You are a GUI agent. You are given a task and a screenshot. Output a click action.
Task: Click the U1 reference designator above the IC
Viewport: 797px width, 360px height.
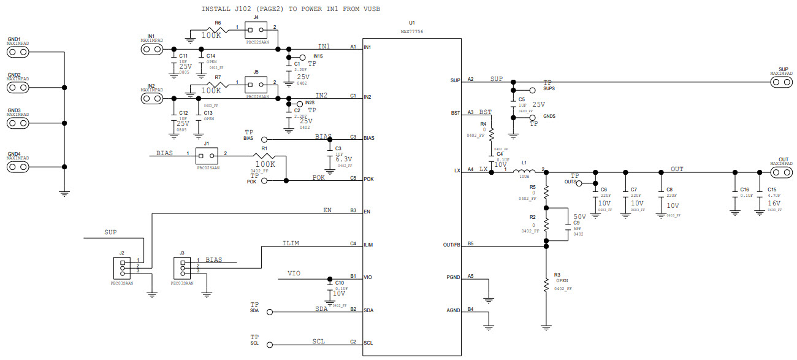(x=411, y=22)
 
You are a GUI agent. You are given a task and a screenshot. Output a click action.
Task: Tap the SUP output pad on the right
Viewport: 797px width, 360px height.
(x=783, y=82)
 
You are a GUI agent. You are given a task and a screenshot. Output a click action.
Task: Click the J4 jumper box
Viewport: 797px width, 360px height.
(x=256, y=29)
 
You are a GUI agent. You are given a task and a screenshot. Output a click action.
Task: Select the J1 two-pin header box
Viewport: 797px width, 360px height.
(x=208, y=155)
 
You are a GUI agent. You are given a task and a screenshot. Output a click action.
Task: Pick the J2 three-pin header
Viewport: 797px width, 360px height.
(x=122, y=266)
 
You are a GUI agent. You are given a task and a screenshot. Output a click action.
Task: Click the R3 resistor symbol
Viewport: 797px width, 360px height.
(x=546, y=284)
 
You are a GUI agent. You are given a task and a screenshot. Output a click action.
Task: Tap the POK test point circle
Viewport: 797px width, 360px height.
(x=265, y=181)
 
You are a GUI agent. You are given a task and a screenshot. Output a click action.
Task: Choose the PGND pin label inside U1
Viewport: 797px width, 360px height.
(x=453, y=277)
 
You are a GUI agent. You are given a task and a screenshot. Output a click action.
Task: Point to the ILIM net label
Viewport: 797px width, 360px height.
(x=291, y=243)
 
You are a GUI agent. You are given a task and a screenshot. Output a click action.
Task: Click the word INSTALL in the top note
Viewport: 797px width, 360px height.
(x=218, y=9)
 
